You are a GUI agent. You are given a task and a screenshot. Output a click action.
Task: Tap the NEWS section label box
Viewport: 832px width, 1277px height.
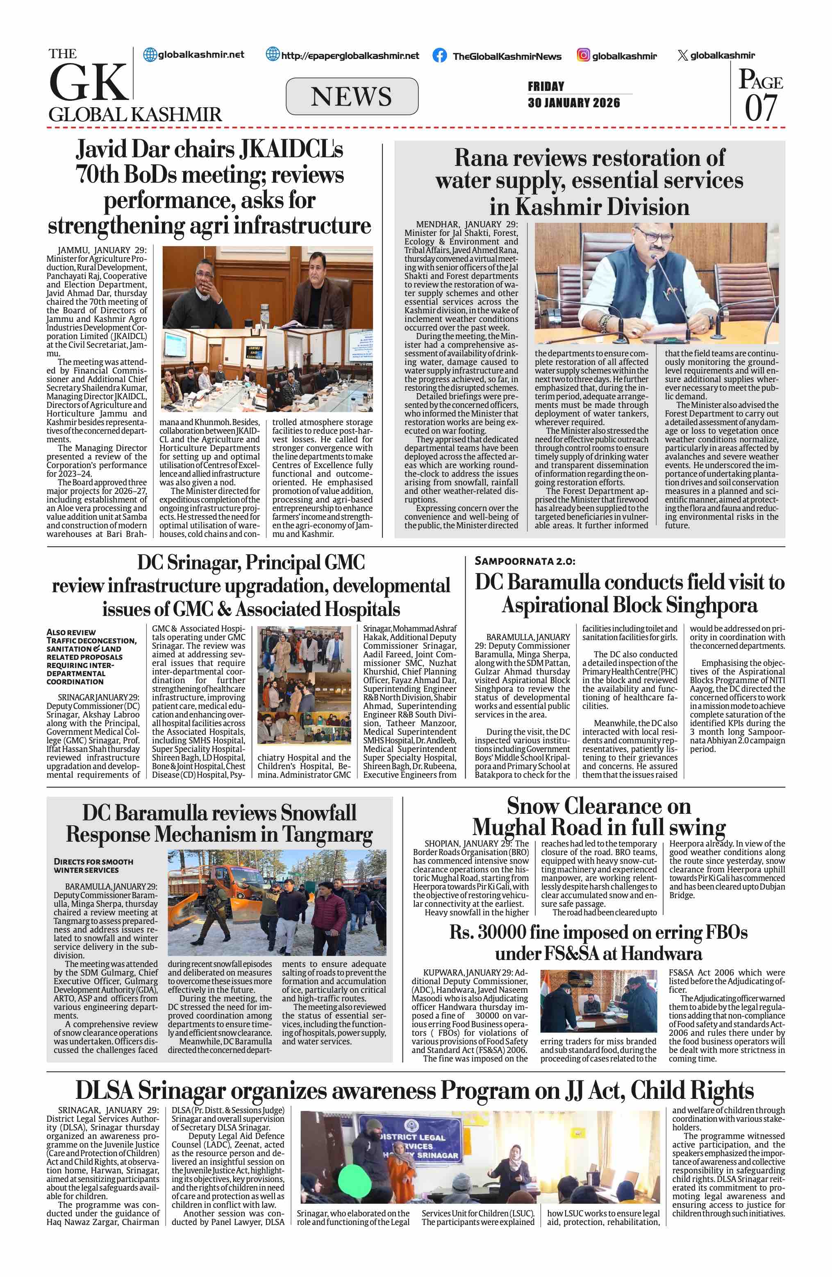tap(352, 97)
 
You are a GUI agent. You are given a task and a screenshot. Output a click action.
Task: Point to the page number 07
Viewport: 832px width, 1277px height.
tap(761, 108)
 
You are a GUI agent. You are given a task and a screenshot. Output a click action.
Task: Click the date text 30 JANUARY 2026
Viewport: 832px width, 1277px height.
tap(573, 102)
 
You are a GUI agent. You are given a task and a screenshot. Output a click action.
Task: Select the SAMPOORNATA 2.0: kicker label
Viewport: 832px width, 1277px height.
tap(525, 561)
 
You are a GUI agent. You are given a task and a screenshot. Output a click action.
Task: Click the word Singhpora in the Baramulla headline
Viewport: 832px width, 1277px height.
tap(711, 606)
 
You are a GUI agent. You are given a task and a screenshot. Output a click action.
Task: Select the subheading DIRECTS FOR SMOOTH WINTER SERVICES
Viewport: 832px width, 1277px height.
tap(93, 865)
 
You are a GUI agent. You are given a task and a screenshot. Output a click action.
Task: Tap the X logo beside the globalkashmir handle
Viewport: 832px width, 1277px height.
tap(682, 55)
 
